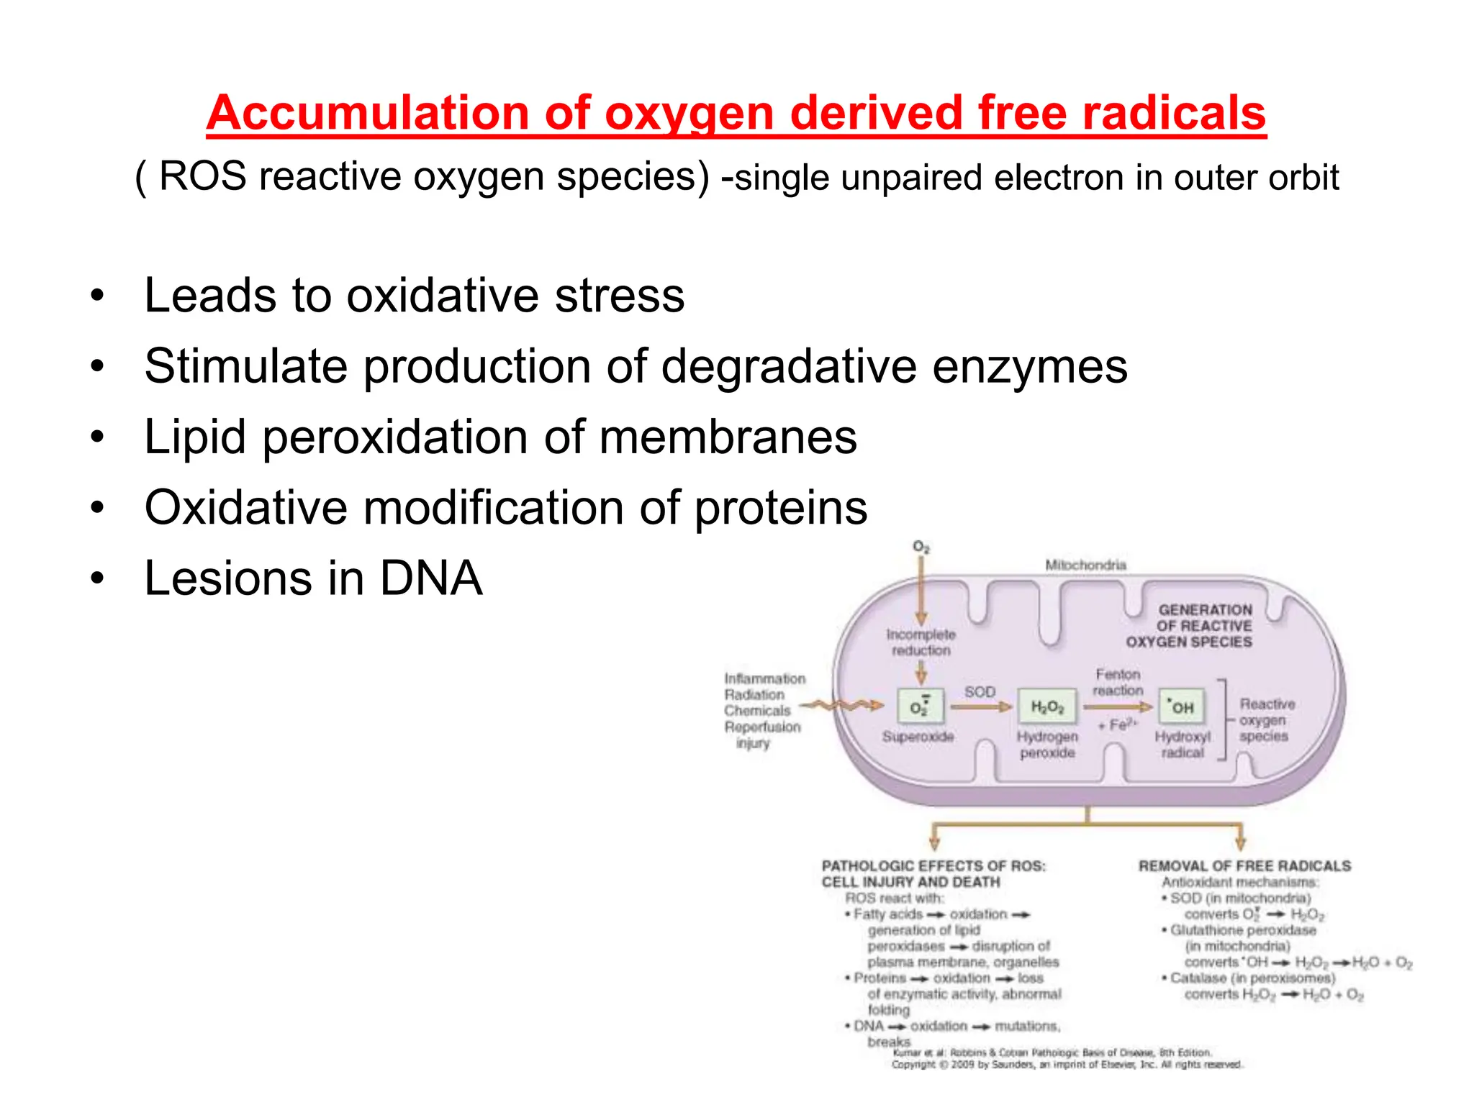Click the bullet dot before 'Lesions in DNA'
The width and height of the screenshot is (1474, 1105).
97,578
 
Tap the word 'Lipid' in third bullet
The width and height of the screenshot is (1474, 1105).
195,437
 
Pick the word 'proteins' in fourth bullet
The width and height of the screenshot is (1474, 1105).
780,508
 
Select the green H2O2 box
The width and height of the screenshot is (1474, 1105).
1046,706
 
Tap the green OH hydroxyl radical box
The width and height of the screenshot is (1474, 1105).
1180,706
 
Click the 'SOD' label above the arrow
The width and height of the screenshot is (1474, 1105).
980,691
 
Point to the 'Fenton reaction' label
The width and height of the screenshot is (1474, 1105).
1118,682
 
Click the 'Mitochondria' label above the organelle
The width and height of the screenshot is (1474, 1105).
1085,565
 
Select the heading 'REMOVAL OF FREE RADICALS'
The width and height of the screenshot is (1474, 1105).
1244,866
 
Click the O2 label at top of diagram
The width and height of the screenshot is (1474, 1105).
921,547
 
